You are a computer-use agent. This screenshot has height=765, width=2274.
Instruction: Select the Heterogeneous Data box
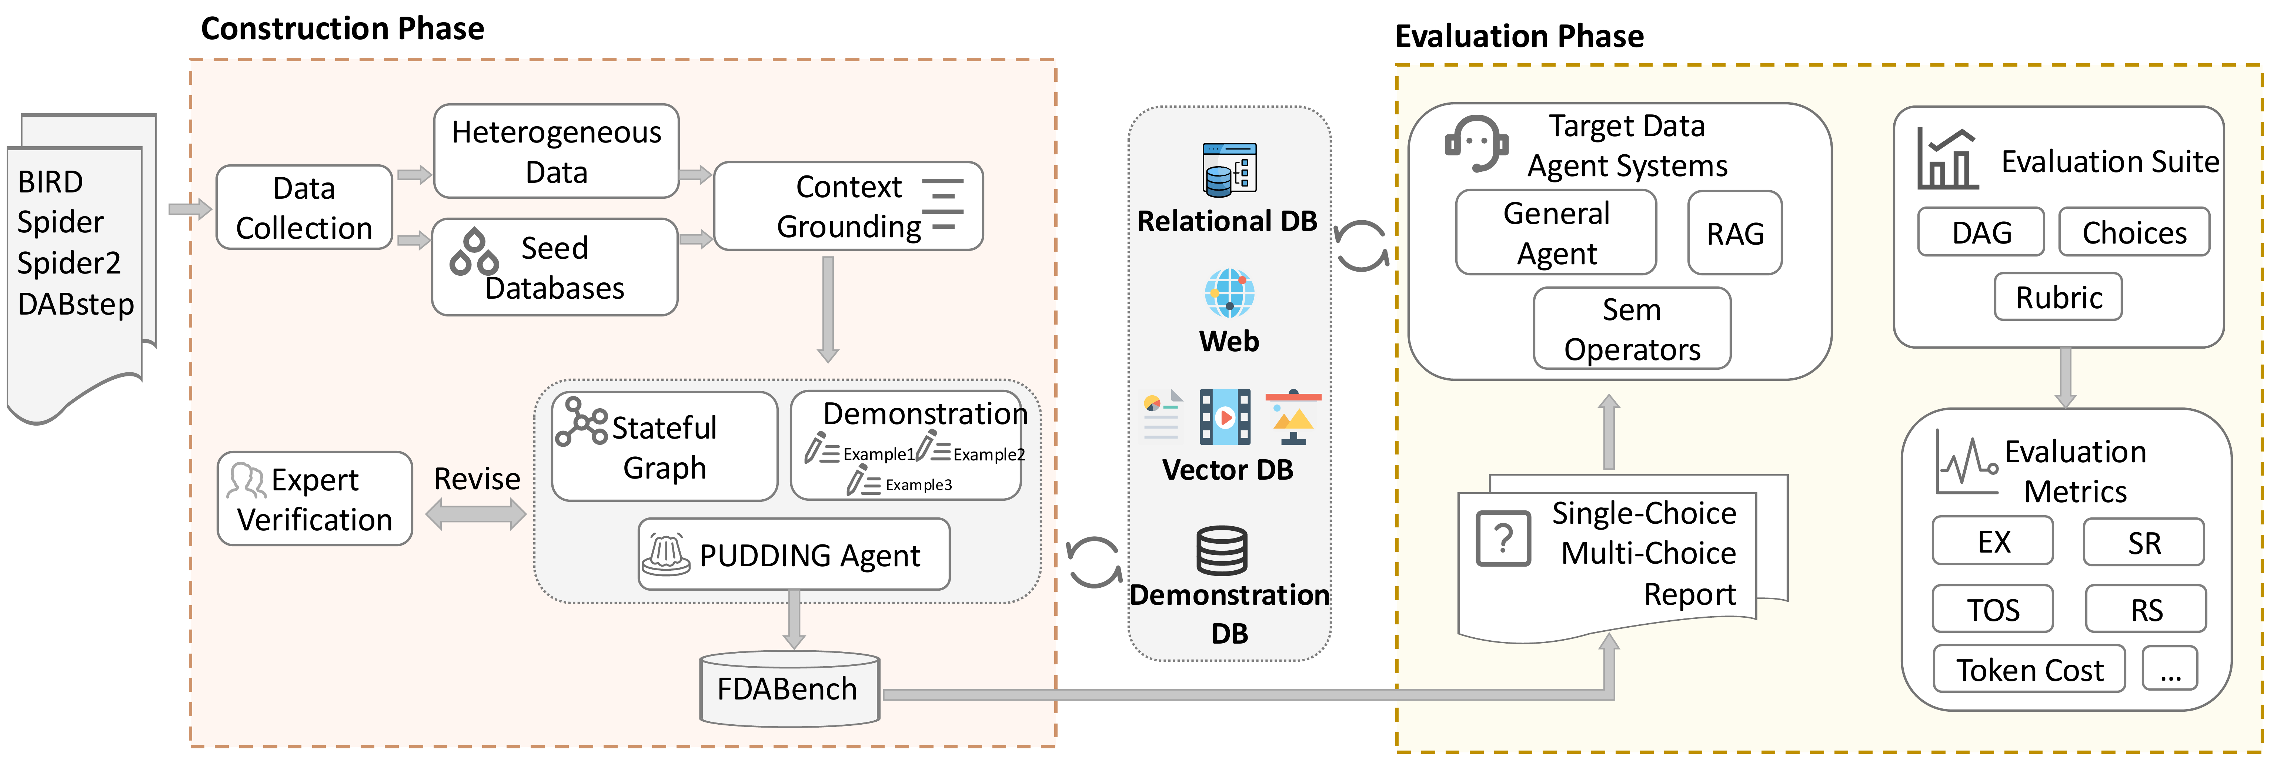pos(556,152)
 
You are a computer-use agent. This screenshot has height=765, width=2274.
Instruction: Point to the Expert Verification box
pos(314,499)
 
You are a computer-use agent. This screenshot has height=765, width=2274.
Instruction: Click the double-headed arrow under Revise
pos(476,514)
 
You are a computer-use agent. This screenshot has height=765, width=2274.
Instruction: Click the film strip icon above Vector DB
pos(1225,416)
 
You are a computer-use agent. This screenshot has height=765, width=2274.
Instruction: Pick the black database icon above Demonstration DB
pos(1222,551)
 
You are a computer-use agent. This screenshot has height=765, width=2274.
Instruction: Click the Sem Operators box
pos(1632,329)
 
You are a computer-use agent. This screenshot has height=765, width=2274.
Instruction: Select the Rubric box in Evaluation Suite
pos(2058,297)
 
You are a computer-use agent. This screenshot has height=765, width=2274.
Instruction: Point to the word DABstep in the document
pos(76,305)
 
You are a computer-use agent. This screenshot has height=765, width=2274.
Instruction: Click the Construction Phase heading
pos(343,28)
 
